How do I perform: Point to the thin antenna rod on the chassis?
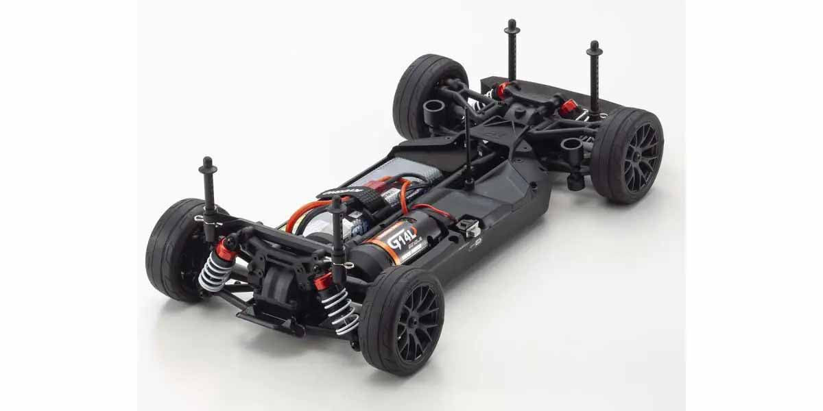click(x=468, y=147)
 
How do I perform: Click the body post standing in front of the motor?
click(x=337, y=240)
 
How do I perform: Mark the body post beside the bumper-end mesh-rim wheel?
click(x=594, y=79)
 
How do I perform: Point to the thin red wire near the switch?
click(x=429, y=209)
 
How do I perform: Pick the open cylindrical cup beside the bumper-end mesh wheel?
click(x=570, y=147)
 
